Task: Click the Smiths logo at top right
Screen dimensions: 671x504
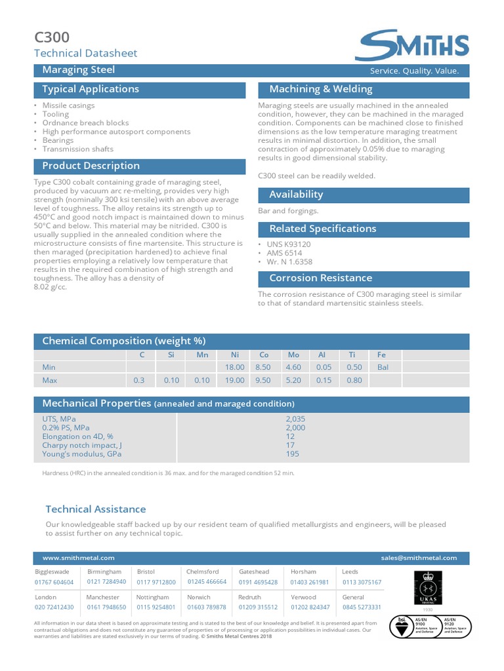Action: click(x=412, y=45)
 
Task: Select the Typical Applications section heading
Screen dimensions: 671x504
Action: click(x=91, y=89)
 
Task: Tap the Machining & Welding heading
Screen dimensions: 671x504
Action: click(x=321, y=89)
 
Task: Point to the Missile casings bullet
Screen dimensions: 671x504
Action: click(x=68, y=105)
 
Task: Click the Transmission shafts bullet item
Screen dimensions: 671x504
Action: click(x=78, y=149)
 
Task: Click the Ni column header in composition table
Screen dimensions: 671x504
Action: click(x=235, y=355)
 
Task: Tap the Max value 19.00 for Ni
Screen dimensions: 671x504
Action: click(x=235, y=380)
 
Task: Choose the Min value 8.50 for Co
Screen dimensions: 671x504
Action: click(x=262, y=368)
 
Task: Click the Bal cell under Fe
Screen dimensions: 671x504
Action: click(x=383, y=368)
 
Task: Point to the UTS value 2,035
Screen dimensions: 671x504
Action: click(x=296, y=419)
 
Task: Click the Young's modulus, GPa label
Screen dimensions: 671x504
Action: click(x=82, y=453)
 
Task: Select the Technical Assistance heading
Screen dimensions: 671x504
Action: click(x=96, y=509)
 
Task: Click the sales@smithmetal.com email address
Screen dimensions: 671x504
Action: click(x=419, y=558)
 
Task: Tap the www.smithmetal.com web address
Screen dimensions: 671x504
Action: click(x=78, y=558)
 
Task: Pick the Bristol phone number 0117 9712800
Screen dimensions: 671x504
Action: click(x=156, y=582)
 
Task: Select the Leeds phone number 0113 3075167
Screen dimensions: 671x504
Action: click(x=362, y=582)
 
